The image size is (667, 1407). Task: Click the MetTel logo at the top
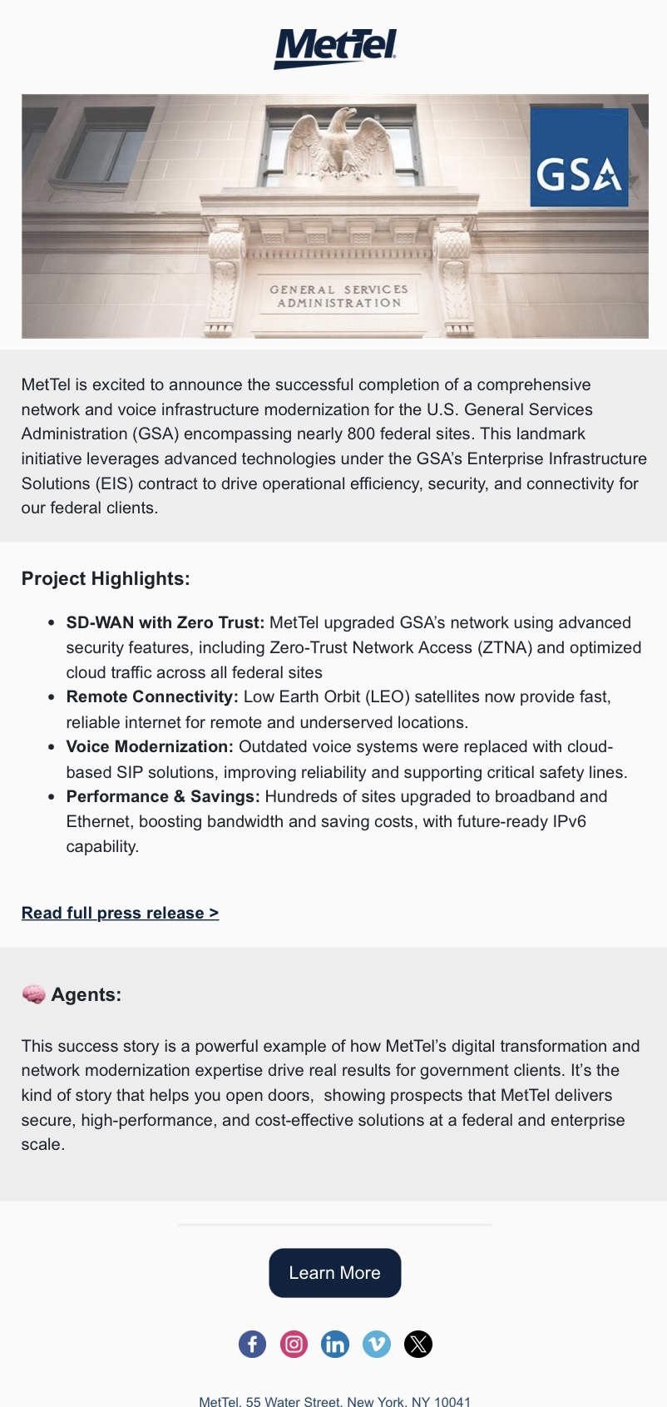click(x=335, y=47)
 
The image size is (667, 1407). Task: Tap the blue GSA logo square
click(x=579, y=158)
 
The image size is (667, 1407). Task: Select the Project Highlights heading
click(x=106, y=578)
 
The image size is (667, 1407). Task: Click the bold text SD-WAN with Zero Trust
click(x=165, y=622)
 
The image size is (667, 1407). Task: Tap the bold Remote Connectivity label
click(x=152, y=696)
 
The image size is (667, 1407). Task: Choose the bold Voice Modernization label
click(x=150, y=746)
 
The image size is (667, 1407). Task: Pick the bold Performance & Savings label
click(x=163, y=796)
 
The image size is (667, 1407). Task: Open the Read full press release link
click(x=120, y=913)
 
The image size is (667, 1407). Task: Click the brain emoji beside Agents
click(x=33, y=994)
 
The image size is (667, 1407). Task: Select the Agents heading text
click(x=86, y=994)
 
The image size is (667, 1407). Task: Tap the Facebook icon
click(x=252, y=1344)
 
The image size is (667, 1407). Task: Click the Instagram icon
click(x=294, y=1344)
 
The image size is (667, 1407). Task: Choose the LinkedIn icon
click(x=335, y=1344)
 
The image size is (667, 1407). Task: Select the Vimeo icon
click(x=377, y=1344)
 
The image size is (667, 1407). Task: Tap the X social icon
click(x=418, y=1344)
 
